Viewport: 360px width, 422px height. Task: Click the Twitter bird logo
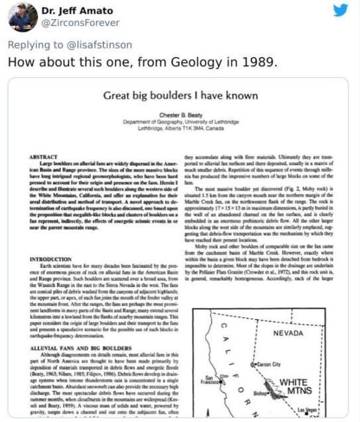point(339,11)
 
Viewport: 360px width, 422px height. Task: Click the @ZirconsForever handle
point(82,23)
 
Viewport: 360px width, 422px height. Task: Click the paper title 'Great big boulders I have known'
point(180,96)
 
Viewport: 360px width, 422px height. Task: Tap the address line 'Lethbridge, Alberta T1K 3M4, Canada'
point(180,128)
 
